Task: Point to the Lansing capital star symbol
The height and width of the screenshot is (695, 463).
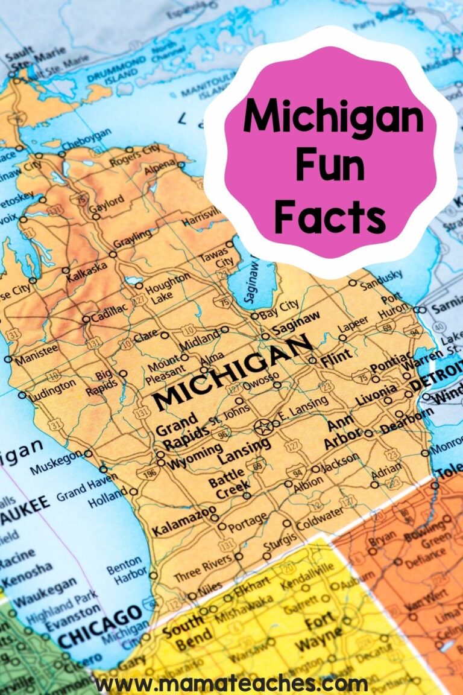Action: point(263,428)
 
